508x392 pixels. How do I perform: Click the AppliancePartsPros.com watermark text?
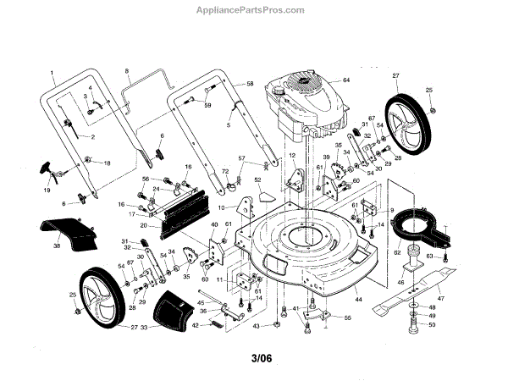(253, 10)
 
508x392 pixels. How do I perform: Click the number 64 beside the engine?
(345, 80)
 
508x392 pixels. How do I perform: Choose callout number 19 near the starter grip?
(47, 190)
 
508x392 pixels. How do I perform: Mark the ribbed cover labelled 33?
(173, 308)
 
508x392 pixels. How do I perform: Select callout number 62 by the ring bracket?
(397, 252)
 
